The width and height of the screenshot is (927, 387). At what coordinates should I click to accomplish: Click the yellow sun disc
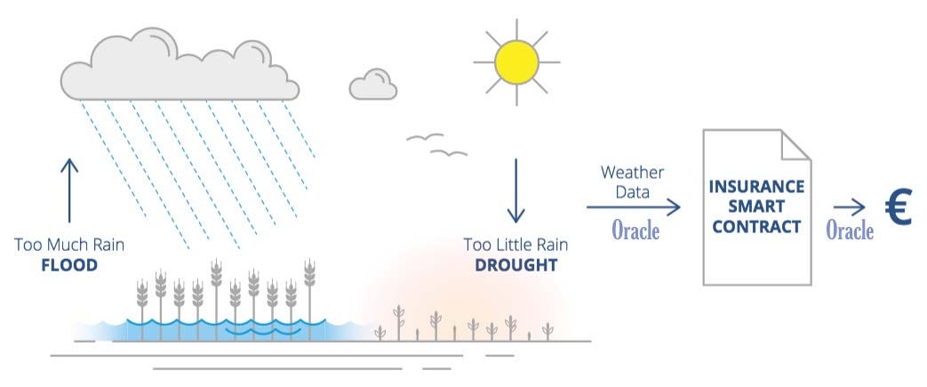pos(517,60)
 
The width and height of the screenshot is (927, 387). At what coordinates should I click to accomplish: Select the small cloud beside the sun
pos(373,85)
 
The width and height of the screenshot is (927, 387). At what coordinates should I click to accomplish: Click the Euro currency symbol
pos(899,209)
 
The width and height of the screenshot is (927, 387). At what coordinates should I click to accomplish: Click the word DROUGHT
pos(515,265)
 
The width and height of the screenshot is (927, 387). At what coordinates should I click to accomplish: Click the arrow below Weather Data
pos(633,207)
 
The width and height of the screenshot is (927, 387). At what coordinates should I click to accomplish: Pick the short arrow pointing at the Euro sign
pos(849,207)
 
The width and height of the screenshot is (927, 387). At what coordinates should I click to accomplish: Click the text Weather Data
pos(632,181)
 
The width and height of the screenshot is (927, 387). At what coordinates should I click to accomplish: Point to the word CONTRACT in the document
pos(757,226)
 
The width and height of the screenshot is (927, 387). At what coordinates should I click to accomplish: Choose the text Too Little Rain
pos(515,244)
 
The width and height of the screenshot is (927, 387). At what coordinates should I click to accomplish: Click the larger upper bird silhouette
pos(425,138)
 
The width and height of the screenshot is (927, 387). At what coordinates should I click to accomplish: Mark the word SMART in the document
pos(757,206)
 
